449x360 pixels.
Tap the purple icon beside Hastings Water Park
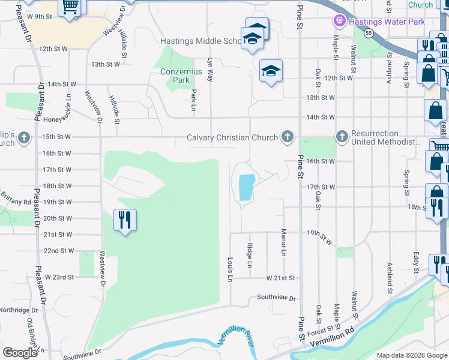click(x=339, y=22)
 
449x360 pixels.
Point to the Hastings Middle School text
click(x=202, y=41)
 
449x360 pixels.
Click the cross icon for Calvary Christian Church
click(x=288, y=137)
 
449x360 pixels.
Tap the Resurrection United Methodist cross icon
click(x=342, y=137)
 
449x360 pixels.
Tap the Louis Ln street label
click(x=230, y=270)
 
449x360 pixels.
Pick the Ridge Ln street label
click(x=250, y=255)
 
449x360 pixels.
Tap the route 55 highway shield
click(x=369, y=34)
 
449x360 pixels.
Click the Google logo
click(x=20, y=352)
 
